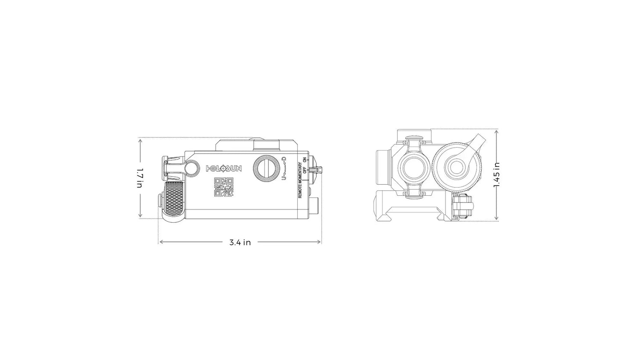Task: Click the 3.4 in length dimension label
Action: [x=240, y=243]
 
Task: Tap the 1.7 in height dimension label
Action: [x=140, y=178]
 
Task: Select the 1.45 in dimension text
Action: [x=497, y=174]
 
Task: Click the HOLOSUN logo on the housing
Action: [x=224, y=168]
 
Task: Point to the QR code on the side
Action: [x=224, y=187]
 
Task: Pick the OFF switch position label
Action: [x=305, y=170]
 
